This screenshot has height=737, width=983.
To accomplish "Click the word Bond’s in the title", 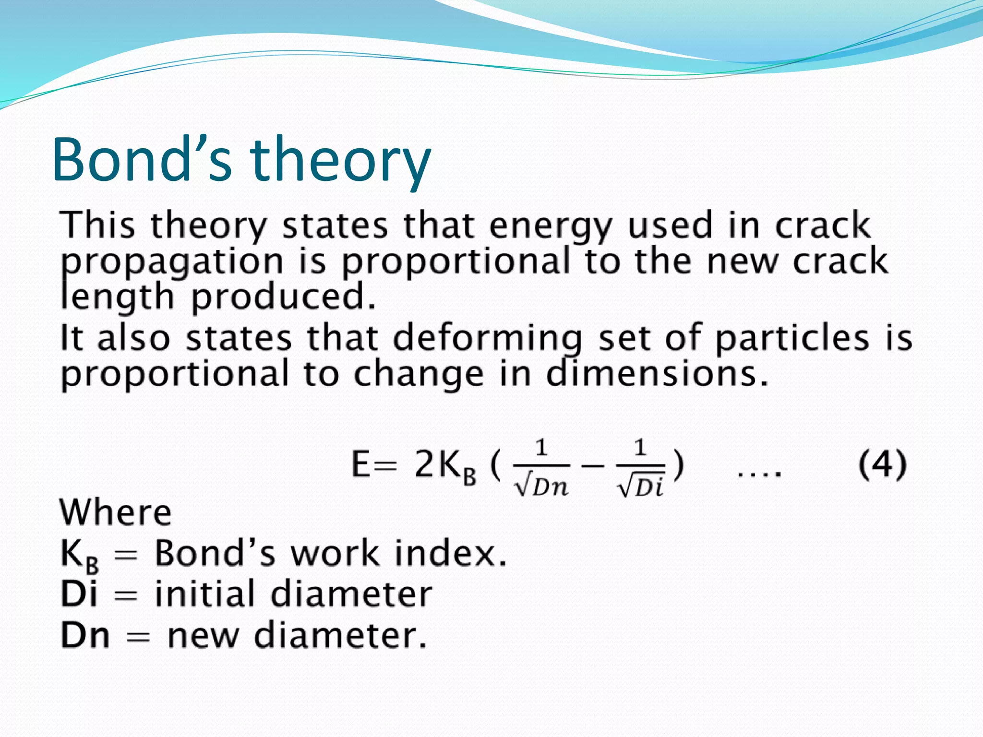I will [142, 160].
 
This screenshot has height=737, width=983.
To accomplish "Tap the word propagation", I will [172, 262].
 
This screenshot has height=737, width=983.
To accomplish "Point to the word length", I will [117, 297].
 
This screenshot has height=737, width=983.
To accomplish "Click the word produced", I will [283, 297].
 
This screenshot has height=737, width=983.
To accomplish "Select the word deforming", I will [487, 339].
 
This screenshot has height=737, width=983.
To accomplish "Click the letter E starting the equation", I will [361, 464].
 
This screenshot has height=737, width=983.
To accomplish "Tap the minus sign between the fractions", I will [593, 466].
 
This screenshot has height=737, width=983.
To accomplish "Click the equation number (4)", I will [882, 464].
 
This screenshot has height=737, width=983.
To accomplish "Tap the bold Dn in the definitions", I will [85, 635].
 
